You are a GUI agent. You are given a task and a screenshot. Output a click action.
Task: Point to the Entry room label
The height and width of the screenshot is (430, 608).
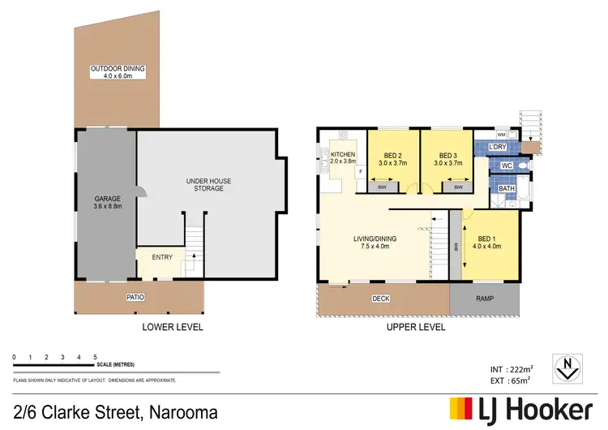(162, 257)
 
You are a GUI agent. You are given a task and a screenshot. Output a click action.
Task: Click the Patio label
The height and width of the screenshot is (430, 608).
(135, 298)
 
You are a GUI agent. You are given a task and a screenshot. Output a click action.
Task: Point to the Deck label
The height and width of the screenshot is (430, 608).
(380, 299)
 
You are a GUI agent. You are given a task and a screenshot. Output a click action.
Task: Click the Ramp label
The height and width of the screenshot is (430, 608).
(483, 299)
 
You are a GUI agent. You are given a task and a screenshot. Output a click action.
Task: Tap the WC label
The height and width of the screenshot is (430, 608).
(505, 166)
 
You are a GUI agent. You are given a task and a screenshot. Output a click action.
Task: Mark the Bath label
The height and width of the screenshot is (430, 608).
(507, 189)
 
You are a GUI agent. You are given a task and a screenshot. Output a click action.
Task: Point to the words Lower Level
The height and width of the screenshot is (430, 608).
(172, 328)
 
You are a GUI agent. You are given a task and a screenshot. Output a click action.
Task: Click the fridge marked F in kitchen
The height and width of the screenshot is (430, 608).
(358, 172)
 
